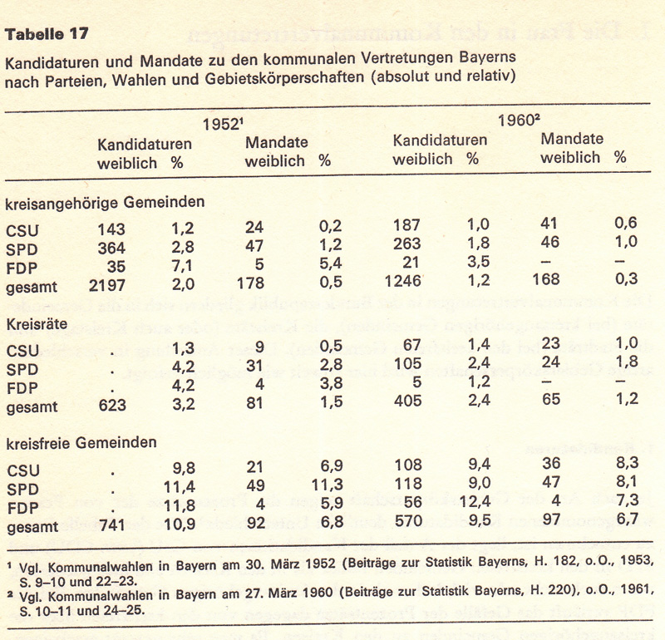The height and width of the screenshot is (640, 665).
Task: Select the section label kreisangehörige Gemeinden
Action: click(x=106, y=202)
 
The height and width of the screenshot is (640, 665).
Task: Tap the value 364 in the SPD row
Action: click(x=111, y=247)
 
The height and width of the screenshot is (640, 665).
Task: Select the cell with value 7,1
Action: click(x=180, y=266)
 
